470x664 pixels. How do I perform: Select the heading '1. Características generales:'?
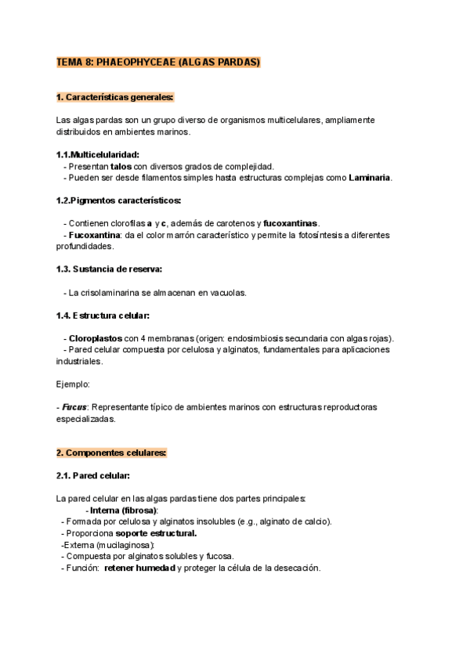(115, 97)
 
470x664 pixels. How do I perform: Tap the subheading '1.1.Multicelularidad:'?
(99, 155)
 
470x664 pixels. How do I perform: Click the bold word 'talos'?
(121, 167)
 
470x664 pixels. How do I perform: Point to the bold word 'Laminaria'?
(370, 178)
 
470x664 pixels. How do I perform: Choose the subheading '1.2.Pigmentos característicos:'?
(119, 200)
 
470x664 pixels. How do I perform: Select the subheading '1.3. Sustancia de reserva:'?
(110, 269)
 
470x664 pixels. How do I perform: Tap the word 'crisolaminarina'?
(116, 293)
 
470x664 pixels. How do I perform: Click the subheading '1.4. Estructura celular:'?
(103, 316)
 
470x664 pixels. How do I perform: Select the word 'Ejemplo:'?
(73, 384)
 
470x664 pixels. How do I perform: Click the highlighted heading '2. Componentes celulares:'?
(111, 453)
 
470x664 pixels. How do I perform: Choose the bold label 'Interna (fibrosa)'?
(124, 511)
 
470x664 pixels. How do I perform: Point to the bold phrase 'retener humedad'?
(139, 568)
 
